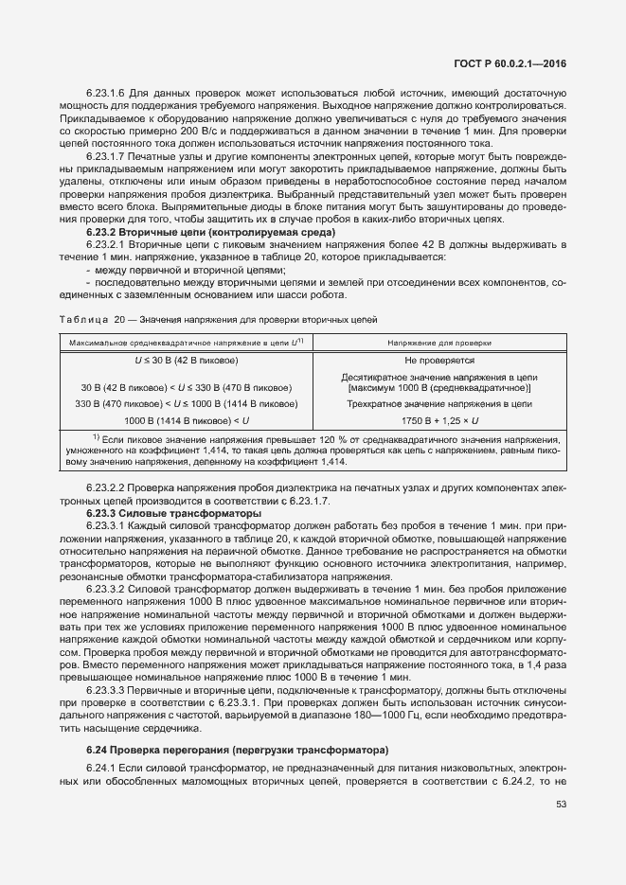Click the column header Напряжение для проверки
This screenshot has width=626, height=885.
click(x=438, y=343)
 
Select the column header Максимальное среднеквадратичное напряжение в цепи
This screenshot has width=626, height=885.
click(x=185, y=343)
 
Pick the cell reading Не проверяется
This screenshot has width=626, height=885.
click(x=438, y=361)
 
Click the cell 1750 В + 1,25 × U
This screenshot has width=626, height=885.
click(x=438, y=418)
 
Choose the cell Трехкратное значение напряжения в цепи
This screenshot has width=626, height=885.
click(x=438, y=402)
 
